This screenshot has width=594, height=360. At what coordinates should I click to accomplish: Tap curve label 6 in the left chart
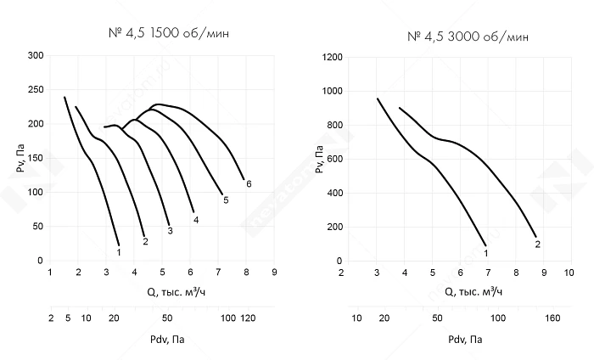pyautogui.click(x=249, y=183)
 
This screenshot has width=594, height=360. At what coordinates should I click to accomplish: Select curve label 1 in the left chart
pyautogui.click(x=119, y=252)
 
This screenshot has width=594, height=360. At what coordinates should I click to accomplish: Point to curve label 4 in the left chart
pyautogui.click(x=196, y=220)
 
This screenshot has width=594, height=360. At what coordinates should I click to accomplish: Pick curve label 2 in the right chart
pyautogui.click(x=538, y=245)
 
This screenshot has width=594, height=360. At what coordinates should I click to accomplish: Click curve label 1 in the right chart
pyautogui.click(x=485, y=252)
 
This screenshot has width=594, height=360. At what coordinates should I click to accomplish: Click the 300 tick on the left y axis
pyautogui.click(x=36, y=56)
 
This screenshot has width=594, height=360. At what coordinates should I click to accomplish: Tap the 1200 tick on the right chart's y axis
pyautogui.click(x=332, y=57)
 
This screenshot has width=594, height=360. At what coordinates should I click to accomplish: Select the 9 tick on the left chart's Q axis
pyautogui.click(x=275, y=273)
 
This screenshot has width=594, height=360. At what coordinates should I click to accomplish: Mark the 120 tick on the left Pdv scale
pyautogui.click(x=248, y=318)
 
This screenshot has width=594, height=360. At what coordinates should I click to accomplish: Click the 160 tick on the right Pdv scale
pyautogui.click(x=551, y=318)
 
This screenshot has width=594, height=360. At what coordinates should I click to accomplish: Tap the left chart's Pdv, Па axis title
pyautogui.click(x=163, y=340)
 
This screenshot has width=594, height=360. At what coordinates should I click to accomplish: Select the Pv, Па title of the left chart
pyautogui.click(x=20, y=158)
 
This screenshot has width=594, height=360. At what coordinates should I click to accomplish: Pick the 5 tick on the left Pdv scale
pyautogui.click(x=67, y=318)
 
